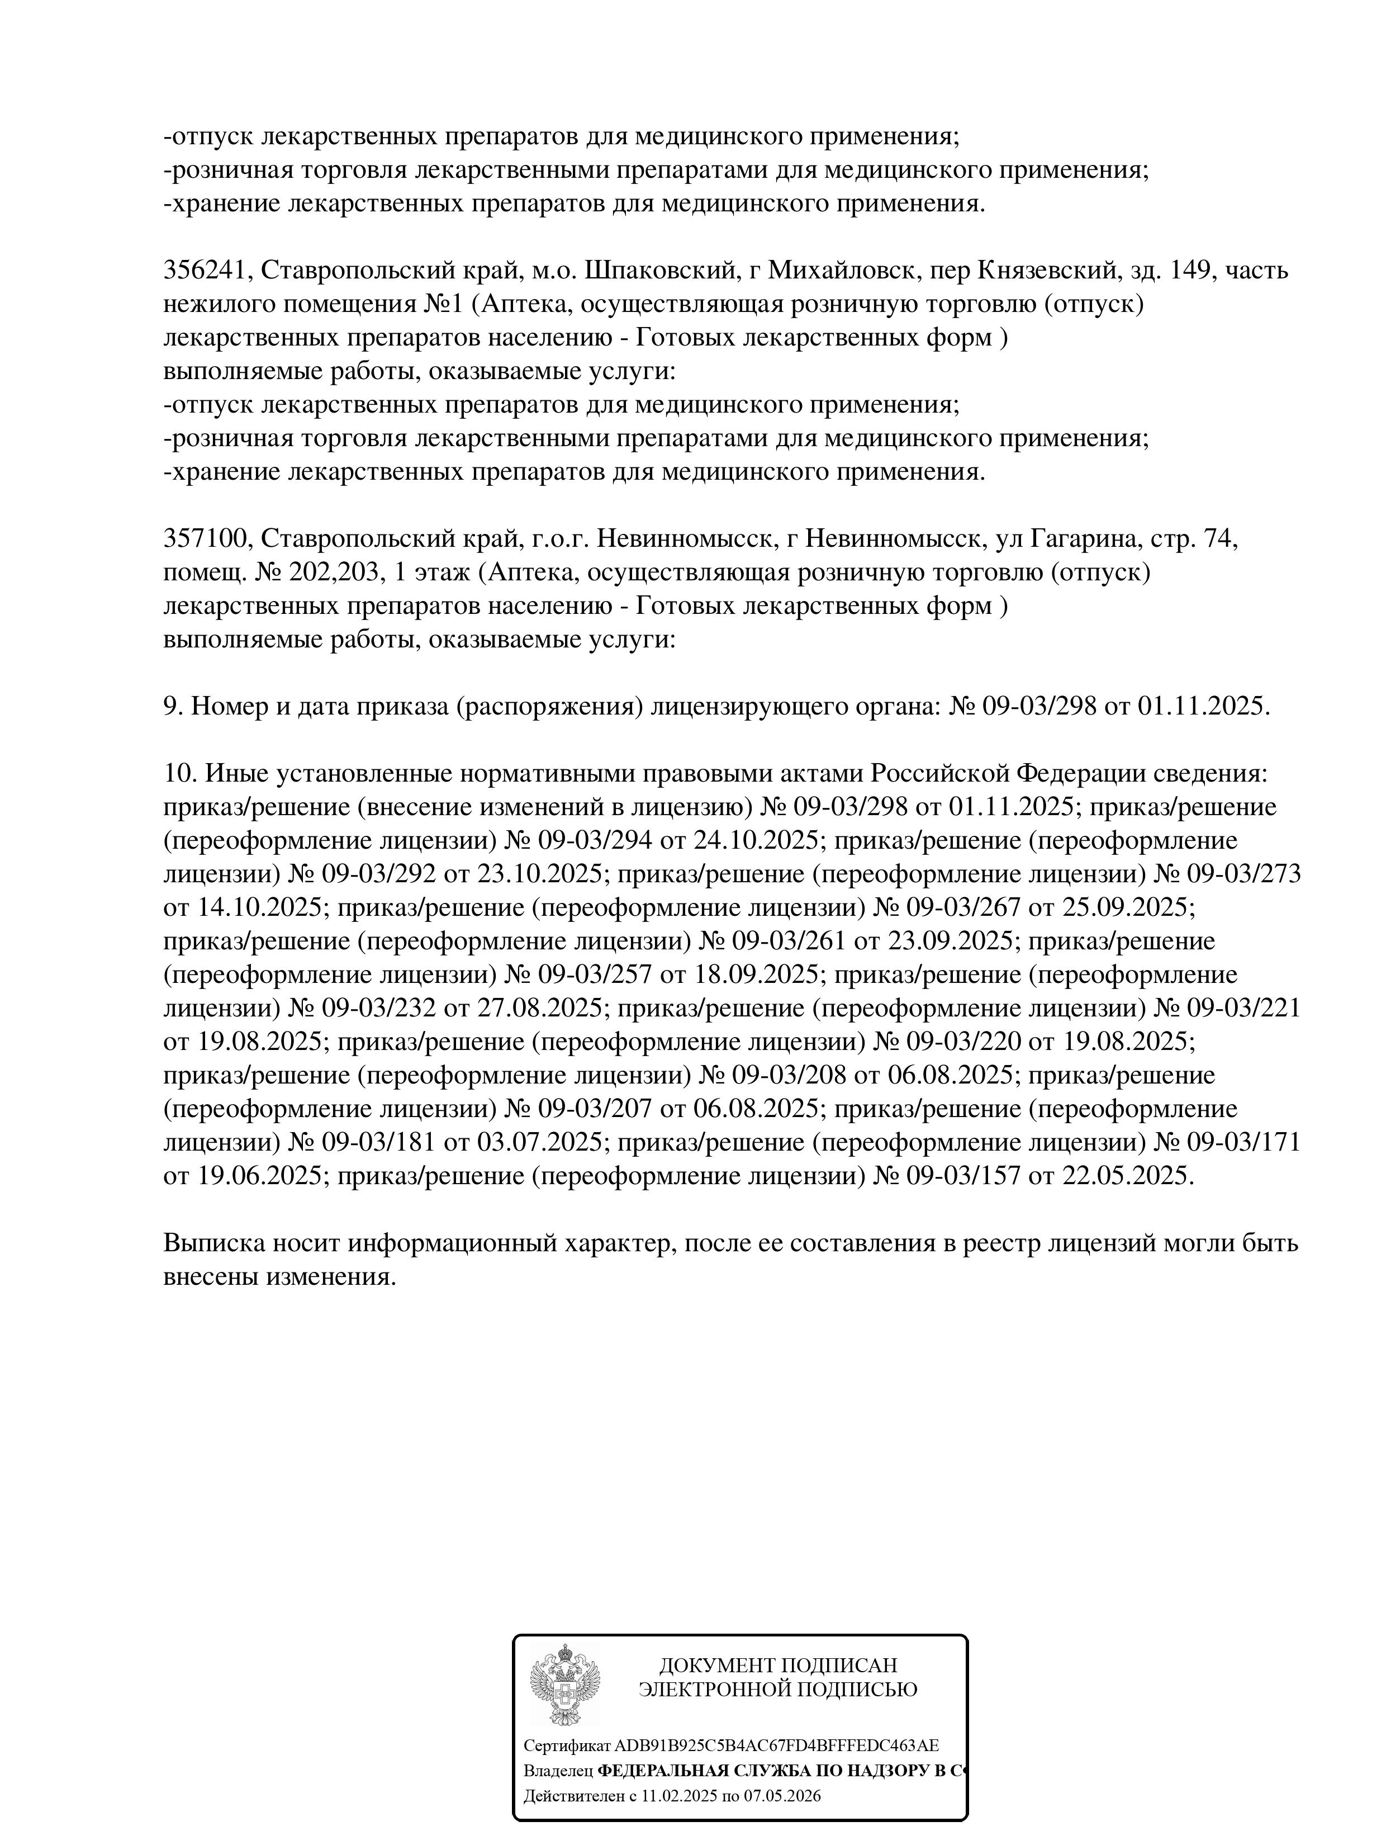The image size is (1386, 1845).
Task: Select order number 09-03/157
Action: pos(960,1176)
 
